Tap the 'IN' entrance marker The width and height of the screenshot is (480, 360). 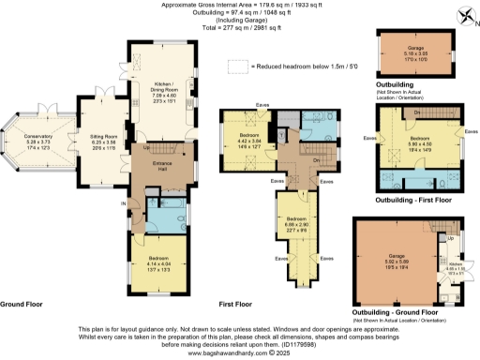pos(121,203)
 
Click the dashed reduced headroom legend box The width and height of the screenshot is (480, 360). pos(241,66)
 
